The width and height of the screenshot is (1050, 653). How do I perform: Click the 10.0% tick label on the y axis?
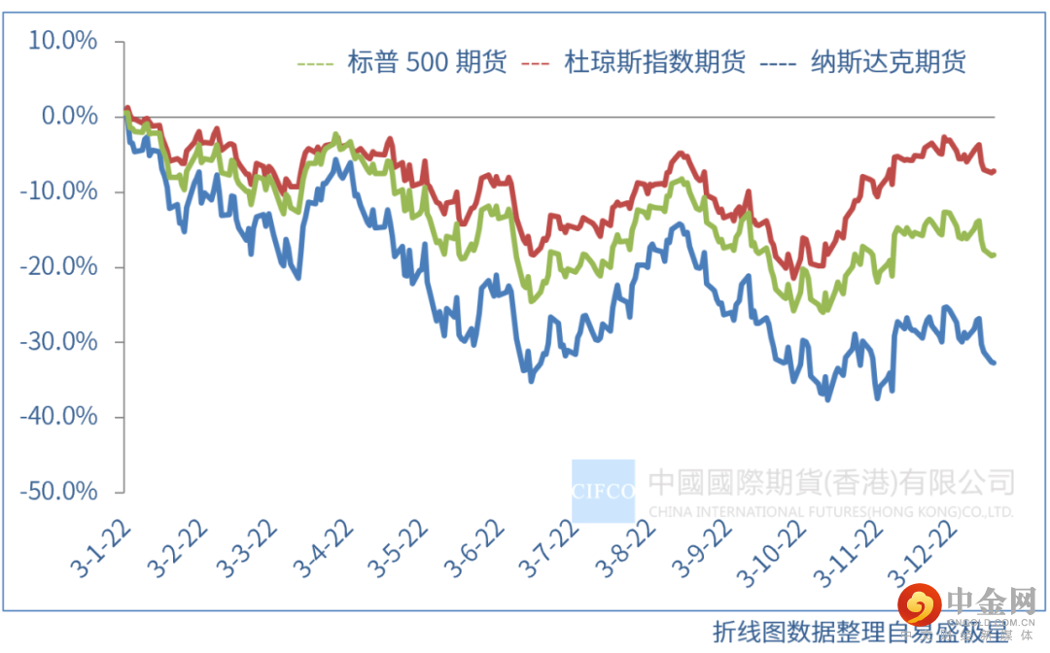click(63, 41)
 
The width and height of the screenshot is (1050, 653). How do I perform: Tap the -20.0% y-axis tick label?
click(59, 266)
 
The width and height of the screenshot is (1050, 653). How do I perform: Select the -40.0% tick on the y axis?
click(59, 417)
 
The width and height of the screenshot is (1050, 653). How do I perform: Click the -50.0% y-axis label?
click(59, 492)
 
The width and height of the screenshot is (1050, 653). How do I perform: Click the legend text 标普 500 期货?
click(427, 64)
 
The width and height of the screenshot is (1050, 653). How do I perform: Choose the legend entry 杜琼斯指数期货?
click(655, 64)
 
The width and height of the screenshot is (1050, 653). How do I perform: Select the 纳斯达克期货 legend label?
click(889, 64)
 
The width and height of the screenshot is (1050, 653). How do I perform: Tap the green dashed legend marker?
click(315, 65)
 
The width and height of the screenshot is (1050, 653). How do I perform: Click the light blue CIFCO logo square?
click(603, 491)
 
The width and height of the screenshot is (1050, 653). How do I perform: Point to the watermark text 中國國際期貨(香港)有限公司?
click(831, 482)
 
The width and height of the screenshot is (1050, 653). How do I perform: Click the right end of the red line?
click(995, 171)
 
